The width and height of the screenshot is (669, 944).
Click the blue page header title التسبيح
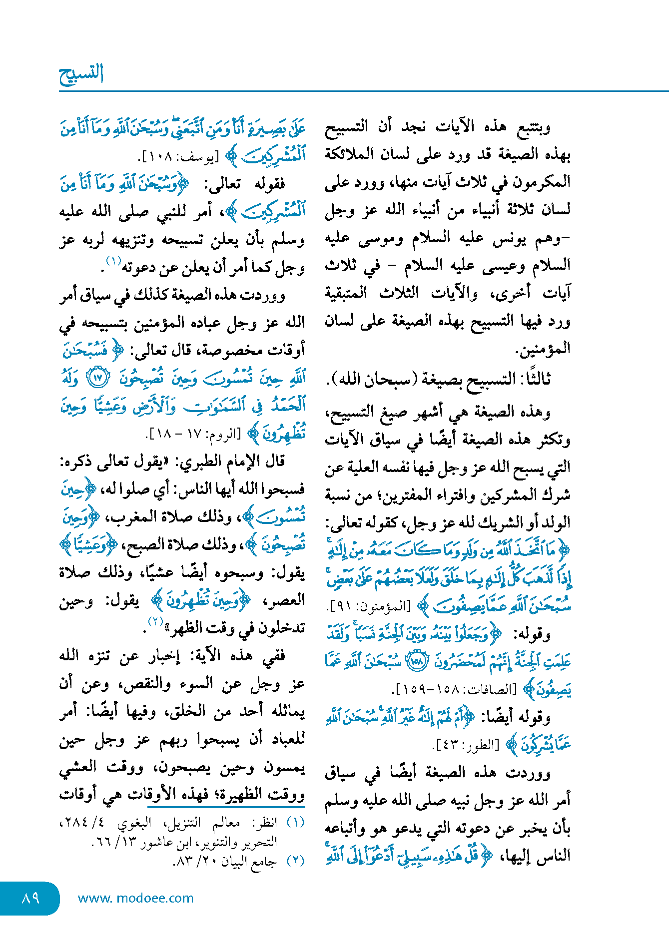point(81,73)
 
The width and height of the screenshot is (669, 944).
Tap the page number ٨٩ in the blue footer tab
point(30,898)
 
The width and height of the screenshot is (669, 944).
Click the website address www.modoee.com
point(135,898)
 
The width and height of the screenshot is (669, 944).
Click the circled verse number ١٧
point(98,378)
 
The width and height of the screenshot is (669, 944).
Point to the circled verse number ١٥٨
point(416,662)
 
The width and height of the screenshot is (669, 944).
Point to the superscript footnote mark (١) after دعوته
point(113,261)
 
